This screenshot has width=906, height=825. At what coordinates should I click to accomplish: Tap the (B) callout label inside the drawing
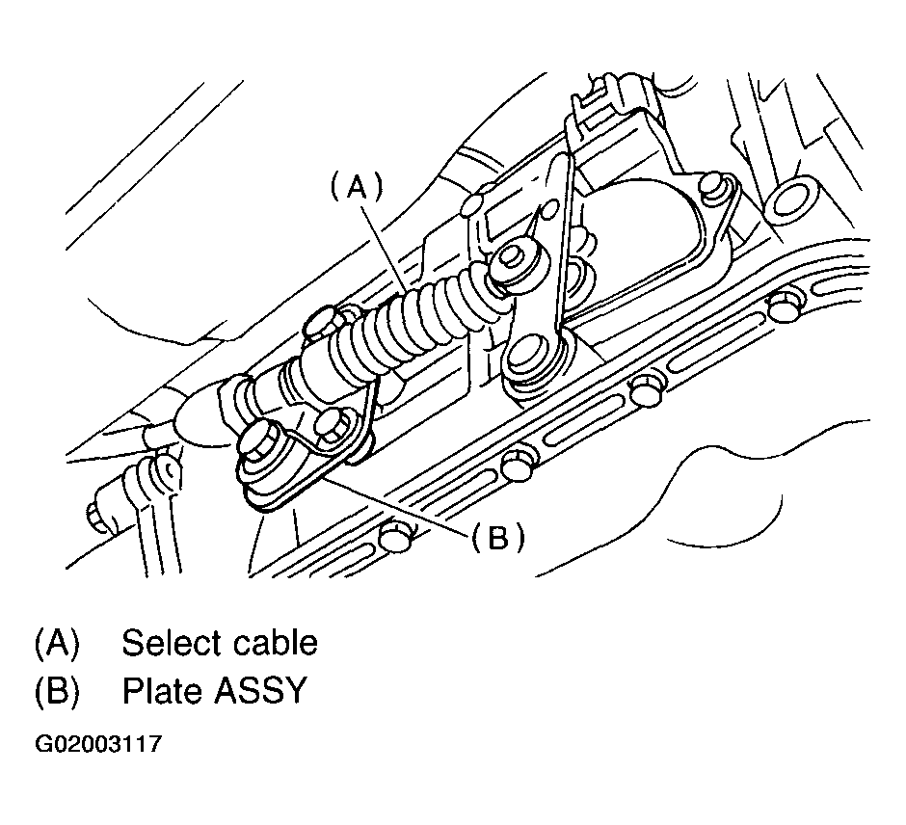pyautogui.click(x=497, y=539)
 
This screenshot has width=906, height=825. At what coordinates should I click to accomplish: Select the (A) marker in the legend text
pyautogui.click(x=56, y=643)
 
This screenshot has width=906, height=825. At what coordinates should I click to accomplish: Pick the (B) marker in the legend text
pyautogui.click(x=56, y=691)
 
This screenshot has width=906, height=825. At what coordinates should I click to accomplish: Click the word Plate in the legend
pyautogui.click(x=161, y=691)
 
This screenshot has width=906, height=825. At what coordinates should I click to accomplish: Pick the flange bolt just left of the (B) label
pyautogui.click(x=395, y=536)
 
